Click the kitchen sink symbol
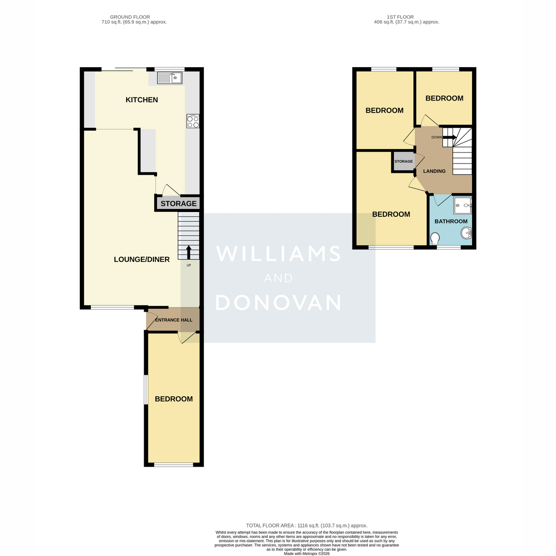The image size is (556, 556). (x=170, y=78)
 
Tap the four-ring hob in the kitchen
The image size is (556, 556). (x=193, y=121)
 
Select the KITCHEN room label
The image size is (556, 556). (x=142, y=100)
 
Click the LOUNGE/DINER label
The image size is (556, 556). (x=142, y=259)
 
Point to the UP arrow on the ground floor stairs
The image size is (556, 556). (x=189, y=252)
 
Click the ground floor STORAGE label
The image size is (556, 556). (x=178, y=204)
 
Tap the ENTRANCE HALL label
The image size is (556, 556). (x=174, y=320)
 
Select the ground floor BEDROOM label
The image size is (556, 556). (x=174, y=399)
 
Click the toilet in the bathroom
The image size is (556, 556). (x=435, y=239)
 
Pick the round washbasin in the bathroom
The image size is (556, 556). (x=466, y=233)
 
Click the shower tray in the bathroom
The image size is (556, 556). (x=462, y=205)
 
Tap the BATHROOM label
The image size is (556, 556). (x=451, y=221)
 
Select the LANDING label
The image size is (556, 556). (x=434, y=171)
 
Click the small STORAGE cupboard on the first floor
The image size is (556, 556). (x=404, y=161)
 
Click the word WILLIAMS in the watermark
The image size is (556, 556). (x=278, y=253)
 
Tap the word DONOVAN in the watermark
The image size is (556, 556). (x=278, y=303)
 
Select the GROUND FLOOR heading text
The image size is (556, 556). (x=130, y=17)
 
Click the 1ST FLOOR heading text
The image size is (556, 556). (x=400, y=17)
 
